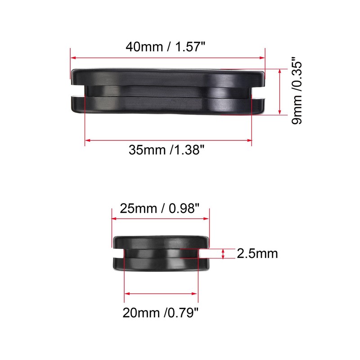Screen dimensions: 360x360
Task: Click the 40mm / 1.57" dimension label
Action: [167, 47]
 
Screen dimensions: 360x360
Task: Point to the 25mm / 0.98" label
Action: [159, 209]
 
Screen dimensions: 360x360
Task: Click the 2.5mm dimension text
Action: [257, 254]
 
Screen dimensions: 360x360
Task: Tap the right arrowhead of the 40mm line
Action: [264, 58]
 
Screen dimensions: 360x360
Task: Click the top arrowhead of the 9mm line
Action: [280, 71]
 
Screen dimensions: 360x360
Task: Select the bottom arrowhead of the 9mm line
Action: [280, 113]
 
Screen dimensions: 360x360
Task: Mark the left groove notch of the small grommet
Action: [118, 253]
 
